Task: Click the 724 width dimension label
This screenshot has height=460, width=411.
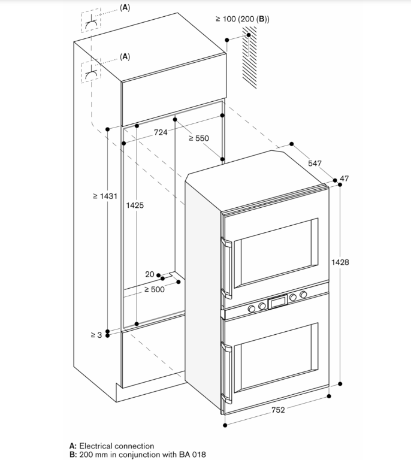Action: point(161,132)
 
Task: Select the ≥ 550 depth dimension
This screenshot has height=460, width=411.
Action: point(198,138)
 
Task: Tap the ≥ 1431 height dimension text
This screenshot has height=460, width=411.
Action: point(105,196)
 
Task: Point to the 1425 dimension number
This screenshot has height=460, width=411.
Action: point(135,205)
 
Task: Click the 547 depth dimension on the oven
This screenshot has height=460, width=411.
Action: point(315,163)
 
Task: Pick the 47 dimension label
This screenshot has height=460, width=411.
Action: point(344,178)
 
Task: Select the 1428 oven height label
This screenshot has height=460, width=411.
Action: point(340,262)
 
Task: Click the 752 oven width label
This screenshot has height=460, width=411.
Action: point(278,410)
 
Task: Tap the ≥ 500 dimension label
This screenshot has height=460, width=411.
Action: point(155,289)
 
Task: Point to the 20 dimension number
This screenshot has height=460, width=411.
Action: point(150,274)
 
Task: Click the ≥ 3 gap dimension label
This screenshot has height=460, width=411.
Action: point(96,335)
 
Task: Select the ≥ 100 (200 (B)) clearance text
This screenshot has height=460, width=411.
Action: point(243,19)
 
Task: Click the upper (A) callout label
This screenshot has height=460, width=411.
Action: point(125,8)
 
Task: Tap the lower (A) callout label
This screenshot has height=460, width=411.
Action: point(125,56)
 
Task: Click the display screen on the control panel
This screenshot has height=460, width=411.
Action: point(277,302)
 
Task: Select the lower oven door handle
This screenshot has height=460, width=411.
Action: point(226,373)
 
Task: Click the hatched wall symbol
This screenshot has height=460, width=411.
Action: point(249,57)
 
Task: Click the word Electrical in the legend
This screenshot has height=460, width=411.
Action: point(95,446)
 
